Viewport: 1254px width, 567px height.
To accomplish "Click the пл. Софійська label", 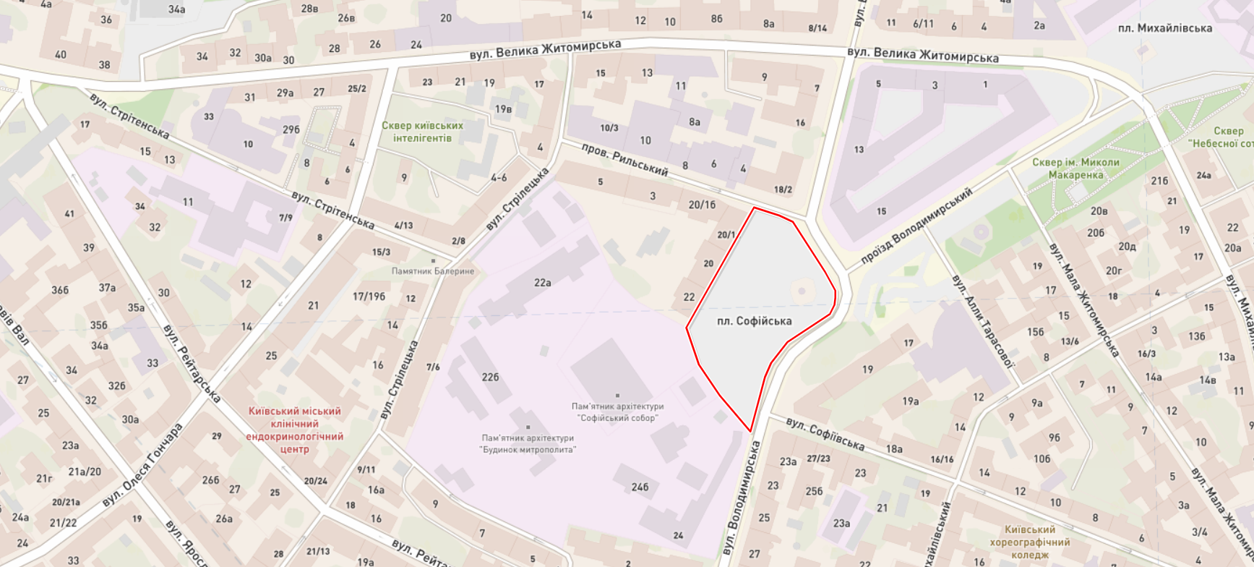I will pyautogui.click(x=754, y=321).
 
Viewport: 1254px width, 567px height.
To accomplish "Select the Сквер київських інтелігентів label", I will pyautogui.click(x=423, y=132).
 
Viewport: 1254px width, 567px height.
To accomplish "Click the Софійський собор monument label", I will pyautogui.click(x=617, y=412).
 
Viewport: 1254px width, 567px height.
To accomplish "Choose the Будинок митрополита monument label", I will pyautogui.click(x=528, y=443).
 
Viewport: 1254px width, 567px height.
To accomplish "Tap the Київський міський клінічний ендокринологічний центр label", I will pyautogui.click(x=294, y=430).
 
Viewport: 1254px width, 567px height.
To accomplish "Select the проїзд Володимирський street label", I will pyautogui.click(x=916, y=226).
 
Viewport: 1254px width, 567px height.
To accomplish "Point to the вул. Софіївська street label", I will pyautogui.click(x=825, y=433).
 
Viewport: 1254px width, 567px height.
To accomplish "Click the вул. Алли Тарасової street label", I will pyautogui.click(x=983, y=320).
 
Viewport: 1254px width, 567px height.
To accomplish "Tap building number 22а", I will pyautogui.click(x=542, y=283).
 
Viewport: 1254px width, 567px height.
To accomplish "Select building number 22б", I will pyautogui.click(x=490, y=377).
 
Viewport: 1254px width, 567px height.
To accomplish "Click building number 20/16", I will pyautogui.click(x=701, y=205).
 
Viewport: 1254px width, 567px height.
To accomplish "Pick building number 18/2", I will pyautogui.click(x=783, y=189).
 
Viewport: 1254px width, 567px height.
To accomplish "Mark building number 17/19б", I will pyautogui.click(x=369, y=297).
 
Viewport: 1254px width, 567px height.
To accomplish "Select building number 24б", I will pyautogui.click(x=640, y=487).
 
